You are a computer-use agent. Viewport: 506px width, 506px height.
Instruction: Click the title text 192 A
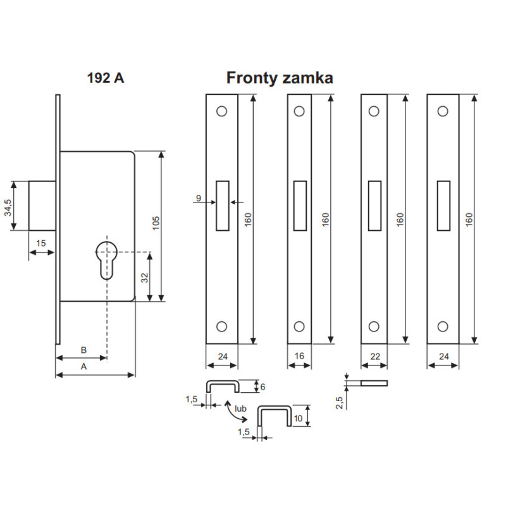pyautogui.click(x=106, y=78)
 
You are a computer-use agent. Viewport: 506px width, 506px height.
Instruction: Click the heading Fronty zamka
pyautogui.click(x=280, y=78)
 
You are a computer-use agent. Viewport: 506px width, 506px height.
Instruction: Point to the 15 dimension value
pyautogui.click(x=40, y=244)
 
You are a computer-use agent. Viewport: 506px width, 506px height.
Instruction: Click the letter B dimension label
pyautogui.click(x=83, y=350)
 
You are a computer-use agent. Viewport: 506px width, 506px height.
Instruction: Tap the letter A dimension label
pyautogui.click(x=83, y=366)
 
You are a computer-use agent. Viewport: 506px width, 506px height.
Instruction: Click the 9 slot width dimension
pyautogui.click(x=198, y=199)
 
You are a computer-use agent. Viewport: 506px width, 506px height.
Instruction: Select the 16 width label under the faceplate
pyautogui.click(x=300, y=356)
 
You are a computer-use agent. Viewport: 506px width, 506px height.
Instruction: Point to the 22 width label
pyautogui.click(x=374, y=356)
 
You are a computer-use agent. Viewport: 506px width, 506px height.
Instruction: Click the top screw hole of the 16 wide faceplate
pyautogui.click(x=300, y=111)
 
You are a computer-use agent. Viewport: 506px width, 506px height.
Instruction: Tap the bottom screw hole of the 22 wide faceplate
pyautogui.click(x=374, y=326)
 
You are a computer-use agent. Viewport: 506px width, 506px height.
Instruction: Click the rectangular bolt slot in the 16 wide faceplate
pyautogui.click(x=300, y=205)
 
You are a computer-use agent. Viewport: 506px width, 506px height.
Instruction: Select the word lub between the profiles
pyautogui.click(x=240, y=409)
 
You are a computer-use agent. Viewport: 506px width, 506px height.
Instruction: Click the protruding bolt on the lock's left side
pyautogui.click(x=42, y=206)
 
